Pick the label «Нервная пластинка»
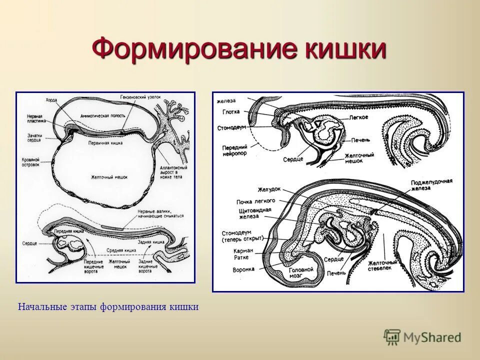37,118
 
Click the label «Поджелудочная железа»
431,183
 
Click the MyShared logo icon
392,337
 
